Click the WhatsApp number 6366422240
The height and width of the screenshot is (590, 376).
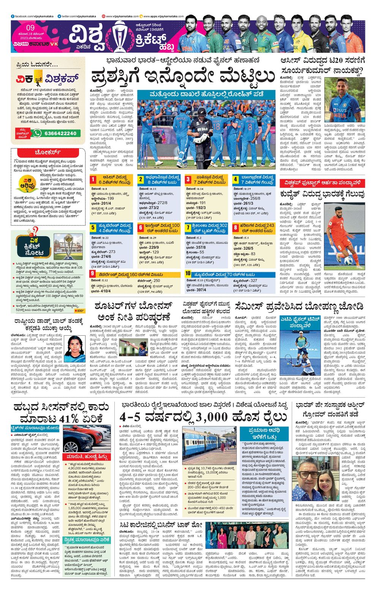[x=60, y=133]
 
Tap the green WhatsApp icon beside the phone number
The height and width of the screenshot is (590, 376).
[x=37, y=133]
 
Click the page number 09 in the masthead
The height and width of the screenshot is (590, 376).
[x=31, y=28]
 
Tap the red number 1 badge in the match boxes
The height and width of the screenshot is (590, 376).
[x=93, y=179]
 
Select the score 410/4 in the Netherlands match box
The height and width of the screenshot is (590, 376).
[x=106, y=291]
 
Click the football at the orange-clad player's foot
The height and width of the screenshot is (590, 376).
[x=348, y=260]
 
